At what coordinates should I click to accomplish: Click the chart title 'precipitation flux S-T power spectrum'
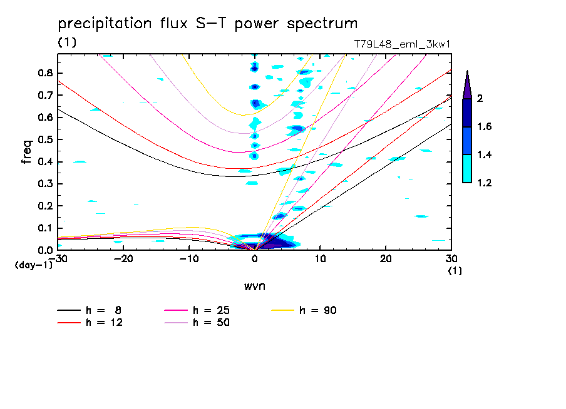pyautogui.click(x=208, y=24)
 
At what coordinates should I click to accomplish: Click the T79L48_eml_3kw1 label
pyautogui.click(x=402, y=44)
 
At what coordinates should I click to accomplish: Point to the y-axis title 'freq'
pyautogui.click(x=27, y=152)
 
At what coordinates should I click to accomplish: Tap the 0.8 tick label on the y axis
pyautogui.click(x=44, y=73)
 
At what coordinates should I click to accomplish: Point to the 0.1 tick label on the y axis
pyautogui.click(x=44, y=228)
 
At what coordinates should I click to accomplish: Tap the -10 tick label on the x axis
pyautogui.click(x=188, y=259)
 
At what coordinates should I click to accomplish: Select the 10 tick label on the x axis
pyautogui.click(x=320, y=259)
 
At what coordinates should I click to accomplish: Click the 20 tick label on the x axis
pyautogui.click(x=386, y=259)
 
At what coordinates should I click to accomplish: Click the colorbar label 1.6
pyautogui.click(x=485, y=127)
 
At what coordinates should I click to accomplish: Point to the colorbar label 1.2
pyautogui.click(x=485, y=183)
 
